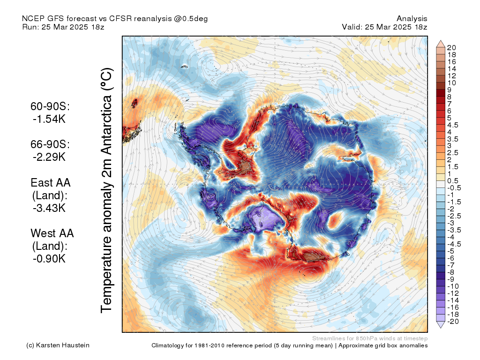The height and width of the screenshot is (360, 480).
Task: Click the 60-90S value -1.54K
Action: point(49,119)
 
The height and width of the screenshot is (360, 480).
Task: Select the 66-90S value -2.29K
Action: point(49,157)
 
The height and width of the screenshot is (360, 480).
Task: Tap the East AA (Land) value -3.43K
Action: point(49,208)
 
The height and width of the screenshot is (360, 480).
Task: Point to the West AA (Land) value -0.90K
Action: point(49,259)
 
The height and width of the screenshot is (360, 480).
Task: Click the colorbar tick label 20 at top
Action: point(451,47)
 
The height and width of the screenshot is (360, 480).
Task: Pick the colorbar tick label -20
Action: point(453,322)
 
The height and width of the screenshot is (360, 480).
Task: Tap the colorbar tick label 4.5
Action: point(453,125)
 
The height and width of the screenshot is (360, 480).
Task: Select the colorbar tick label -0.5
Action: point(454,188)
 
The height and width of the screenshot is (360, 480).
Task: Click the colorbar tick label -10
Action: point(453,286)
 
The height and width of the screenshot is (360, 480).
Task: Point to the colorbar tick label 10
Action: point(451,82)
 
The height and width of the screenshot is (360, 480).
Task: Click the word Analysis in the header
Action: point(412,19)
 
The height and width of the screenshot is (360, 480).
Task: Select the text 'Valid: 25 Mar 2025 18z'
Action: point(384,27)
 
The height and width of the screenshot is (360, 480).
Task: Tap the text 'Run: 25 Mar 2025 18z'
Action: point(63,27)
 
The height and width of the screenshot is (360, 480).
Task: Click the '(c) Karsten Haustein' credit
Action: point(58,345)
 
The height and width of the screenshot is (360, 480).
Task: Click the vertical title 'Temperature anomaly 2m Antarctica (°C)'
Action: point(106,190)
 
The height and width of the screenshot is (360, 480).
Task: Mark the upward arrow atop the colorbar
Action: point(441,44)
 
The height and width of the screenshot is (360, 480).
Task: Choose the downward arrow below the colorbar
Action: point(441,325)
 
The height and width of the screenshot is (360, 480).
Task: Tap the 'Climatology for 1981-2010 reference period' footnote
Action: point(242,345)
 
